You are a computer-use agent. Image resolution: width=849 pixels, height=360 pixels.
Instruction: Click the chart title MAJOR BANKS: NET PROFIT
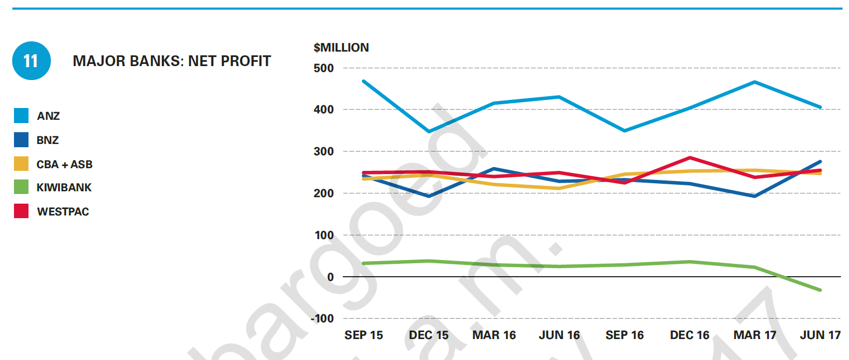coord(171,61)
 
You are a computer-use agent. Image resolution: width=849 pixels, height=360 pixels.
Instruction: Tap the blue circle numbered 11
coord(31,61)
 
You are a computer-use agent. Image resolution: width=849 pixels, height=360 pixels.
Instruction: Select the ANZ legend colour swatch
coord(21,116)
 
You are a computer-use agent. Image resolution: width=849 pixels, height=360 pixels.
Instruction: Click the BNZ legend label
coord(47,140)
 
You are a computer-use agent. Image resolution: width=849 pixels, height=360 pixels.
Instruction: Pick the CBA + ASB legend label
coord(64,164)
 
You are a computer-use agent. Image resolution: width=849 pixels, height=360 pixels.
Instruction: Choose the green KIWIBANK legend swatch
coord(21,187)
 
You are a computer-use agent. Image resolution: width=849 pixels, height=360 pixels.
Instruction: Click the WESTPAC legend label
coord(63,212)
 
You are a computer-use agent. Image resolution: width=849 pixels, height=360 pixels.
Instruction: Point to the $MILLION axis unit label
coord(341,47)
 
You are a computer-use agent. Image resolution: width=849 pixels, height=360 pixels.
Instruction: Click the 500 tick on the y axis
coord(323,68)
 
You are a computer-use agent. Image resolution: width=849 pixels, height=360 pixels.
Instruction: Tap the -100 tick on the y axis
coord(322,319)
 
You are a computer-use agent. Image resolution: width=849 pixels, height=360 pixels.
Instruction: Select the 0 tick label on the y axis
coord(330,277)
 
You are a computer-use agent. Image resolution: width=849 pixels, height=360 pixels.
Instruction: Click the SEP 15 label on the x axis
coord(364,335)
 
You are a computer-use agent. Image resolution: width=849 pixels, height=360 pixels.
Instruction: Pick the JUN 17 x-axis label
coord(820,335)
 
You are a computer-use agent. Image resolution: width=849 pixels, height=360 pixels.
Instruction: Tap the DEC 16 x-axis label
coord(689,335)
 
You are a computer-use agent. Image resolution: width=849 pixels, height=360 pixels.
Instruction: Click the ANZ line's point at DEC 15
coord(429,131)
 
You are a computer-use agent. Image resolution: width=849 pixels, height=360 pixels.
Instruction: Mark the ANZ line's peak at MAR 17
coord(755,82)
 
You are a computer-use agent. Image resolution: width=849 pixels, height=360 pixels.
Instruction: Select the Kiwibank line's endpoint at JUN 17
coord(820,290)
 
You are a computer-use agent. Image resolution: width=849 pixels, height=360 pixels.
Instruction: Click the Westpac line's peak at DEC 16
coord(689,158)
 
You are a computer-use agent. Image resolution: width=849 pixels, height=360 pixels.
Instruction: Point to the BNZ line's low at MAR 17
coord(755,196)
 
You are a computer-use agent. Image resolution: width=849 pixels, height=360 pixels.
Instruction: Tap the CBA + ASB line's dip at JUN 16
coord(559,188)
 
